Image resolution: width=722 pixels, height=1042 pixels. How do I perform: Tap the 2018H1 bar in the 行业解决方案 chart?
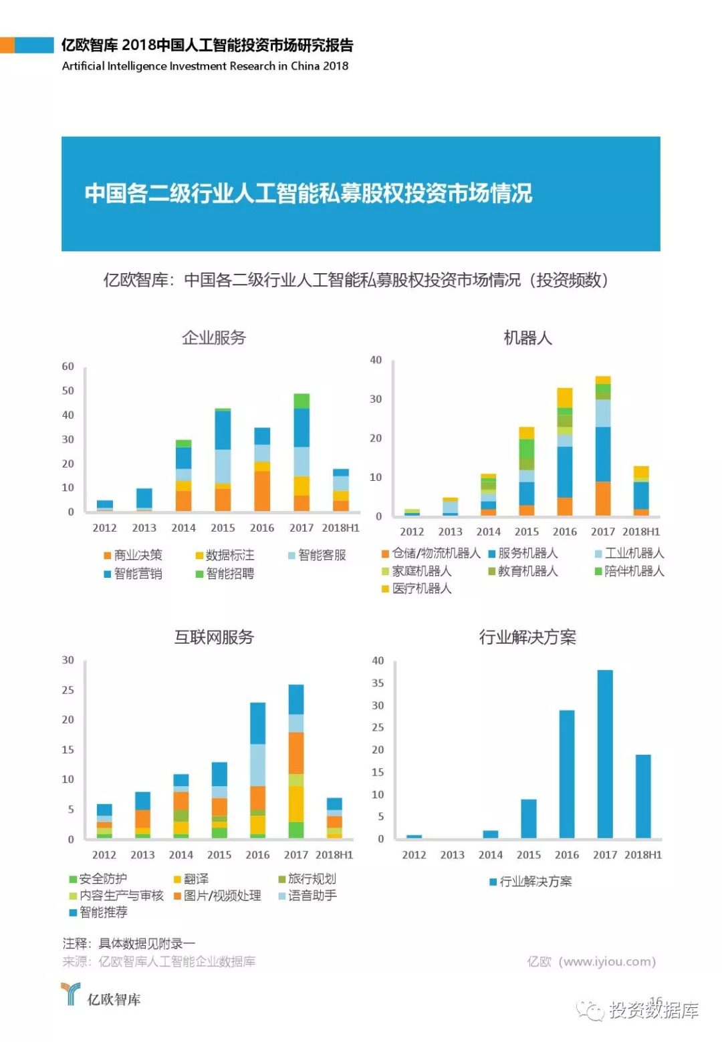coord(642,796)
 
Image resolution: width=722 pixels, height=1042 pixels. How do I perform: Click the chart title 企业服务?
coord(214,338)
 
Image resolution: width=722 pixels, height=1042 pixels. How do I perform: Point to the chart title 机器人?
coord(527,338)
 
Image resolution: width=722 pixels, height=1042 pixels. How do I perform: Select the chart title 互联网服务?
coord(214,637)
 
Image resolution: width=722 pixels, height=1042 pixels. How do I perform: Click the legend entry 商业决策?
coord(133,555)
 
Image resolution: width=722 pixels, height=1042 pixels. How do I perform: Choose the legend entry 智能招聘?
coord(225,573)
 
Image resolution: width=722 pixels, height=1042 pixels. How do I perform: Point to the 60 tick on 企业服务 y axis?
coord(68,366)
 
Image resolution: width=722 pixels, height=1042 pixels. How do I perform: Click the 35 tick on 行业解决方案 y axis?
coord(378,683)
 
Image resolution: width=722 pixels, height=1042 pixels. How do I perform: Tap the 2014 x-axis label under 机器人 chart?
coord(488,532)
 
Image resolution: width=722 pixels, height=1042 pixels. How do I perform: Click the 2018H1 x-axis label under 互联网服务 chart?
coord(334,854)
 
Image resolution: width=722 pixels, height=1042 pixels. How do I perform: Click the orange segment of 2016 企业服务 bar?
coord(262,491)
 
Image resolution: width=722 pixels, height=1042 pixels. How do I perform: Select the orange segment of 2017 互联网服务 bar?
coord(295,753)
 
